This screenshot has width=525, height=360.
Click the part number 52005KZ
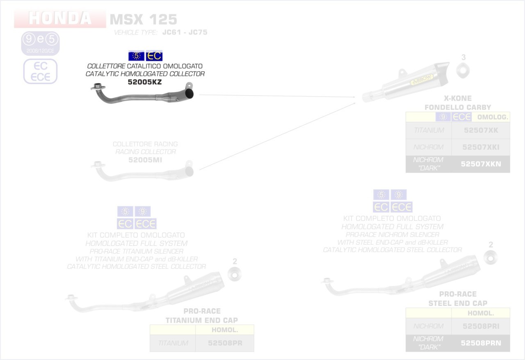pos(145,82)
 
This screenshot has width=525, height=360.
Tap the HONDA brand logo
pos(60,18)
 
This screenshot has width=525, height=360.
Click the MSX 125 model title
pos(143,19)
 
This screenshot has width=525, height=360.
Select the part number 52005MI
pos(146,160)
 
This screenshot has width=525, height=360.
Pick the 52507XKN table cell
pos(480,164)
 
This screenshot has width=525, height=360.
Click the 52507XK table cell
pos(480,130)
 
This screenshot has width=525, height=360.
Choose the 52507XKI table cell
pos(480,147)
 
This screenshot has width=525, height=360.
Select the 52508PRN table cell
pos(481,343)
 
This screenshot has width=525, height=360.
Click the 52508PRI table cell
pos(481,326)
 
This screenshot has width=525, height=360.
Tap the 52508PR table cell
pos(224,343)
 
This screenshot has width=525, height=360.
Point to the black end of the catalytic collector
pos(190,95)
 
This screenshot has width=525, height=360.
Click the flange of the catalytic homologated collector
pos(98,87)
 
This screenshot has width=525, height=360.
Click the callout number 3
pos(463,57)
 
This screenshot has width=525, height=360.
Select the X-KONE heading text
pos(457,99)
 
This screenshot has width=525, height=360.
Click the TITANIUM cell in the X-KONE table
pos(429,130)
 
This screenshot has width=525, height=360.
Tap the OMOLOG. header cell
pos(493,117)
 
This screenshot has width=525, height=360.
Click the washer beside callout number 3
pos(463,70)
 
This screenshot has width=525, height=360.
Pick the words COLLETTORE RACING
pos(145,144)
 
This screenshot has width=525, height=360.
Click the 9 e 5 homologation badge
pos(41,40)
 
